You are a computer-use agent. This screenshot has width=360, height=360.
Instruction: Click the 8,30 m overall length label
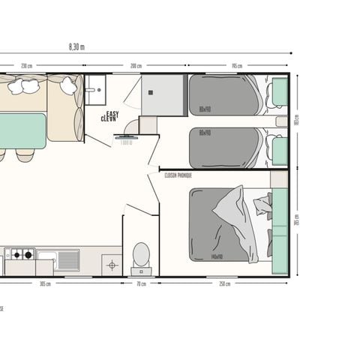click(76, 46)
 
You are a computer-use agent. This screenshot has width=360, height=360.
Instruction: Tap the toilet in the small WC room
click(140, 255)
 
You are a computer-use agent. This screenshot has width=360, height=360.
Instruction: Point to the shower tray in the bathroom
click(163, 94)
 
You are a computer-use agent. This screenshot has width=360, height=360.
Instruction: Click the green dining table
click(22, 130)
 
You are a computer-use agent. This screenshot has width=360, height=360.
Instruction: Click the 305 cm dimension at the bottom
click(44, 283)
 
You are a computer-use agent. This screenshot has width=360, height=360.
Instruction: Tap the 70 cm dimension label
click(140, 283)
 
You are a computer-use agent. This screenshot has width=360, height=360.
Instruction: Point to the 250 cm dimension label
click(223, 283)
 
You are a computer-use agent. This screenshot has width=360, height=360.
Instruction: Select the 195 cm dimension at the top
click(237, 66)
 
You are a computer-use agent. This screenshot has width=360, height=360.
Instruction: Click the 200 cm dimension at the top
click(136, 66)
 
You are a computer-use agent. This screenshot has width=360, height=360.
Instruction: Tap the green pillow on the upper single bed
click(279, 92)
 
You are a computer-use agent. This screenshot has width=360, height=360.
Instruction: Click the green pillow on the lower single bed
click(279, 150)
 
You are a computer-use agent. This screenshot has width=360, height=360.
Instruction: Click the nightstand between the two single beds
click(281, 121)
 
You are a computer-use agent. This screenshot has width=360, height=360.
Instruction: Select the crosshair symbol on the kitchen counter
click(112, 264)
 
